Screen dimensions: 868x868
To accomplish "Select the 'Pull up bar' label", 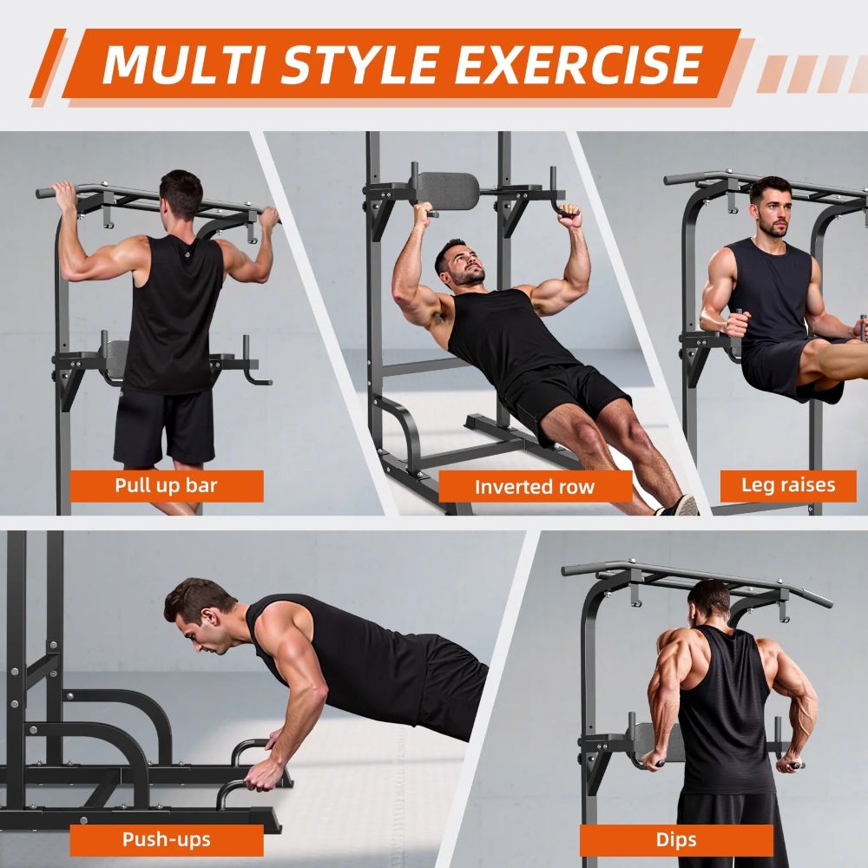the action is pyautogui.click(x=166, y=485).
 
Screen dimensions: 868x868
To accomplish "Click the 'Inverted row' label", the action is pyautogui.click(x=535, y=487).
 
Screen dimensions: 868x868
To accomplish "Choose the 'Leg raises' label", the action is pyautogui.click(x=788, y=485).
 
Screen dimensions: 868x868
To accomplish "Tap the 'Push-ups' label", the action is pyautogui.click(x=166, y=839).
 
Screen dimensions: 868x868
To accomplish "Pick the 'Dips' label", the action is pyautogui.click(x=676, y=839).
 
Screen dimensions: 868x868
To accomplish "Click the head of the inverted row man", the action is pyautogui.click(x=460, y=263).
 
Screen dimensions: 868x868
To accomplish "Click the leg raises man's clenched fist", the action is pyautogui.click(x=736, y=325).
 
